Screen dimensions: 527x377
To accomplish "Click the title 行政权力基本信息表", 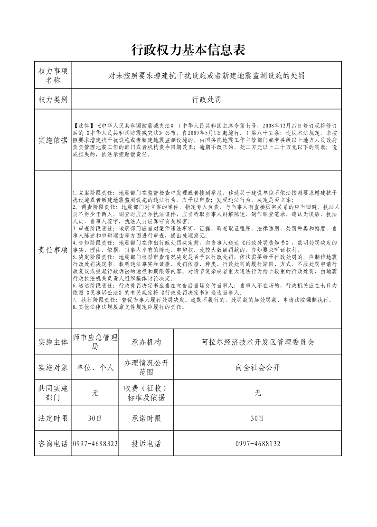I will click(188, 50).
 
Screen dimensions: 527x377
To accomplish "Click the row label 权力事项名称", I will click(53, 75).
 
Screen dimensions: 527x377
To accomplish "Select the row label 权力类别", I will click(53, 99).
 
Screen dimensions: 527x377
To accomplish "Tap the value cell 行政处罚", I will click(206, 99).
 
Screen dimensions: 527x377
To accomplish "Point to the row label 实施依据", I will click(53, 140).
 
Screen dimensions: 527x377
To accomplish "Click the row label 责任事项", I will click(53, 249).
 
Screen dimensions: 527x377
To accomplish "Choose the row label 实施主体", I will click(53, 342).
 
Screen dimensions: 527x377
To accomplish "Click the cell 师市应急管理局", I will click(95, 342).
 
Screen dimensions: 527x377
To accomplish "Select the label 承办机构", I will click(146, 342).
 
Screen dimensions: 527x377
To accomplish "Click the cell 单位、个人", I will click(95, 367).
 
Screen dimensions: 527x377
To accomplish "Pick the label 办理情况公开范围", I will click(146, 367).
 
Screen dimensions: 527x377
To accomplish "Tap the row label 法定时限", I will click(53, 418).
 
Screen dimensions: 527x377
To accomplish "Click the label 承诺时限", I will click(146, 418).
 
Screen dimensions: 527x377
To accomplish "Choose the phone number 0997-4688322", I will click(95, 443).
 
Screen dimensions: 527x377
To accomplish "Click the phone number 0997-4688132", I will click(258, 443).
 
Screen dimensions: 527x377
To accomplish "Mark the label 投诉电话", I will click(146, 443).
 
